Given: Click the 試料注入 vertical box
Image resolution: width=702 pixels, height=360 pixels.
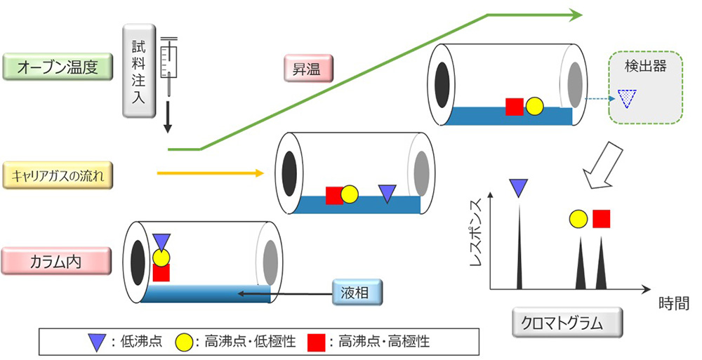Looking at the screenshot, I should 138,70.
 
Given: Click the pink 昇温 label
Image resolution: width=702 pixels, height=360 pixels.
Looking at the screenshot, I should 310,69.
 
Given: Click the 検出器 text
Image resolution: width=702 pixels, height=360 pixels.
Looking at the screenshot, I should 644,68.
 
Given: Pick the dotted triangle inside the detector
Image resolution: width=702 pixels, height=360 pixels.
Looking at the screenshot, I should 626,98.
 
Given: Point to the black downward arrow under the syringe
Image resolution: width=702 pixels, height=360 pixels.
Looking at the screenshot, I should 168,117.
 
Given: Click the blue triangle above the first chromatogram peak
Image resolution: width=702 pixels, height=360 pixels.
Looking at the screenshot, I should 519,186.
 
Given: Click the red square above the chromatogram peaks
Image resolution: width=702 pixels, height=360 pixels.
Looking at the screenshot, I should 601,219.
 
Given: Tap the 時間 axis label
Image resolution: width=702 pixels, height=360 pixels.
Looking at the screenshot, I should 673,303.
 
